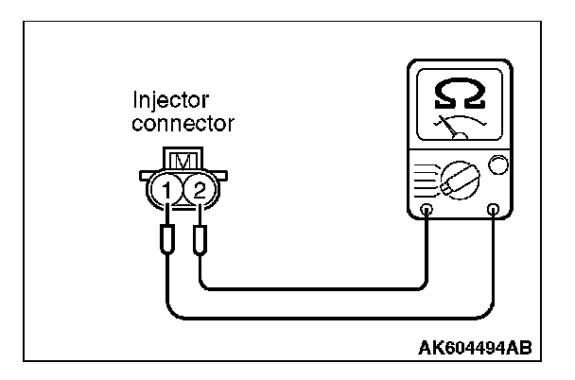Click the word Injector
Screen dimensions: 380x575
point(170,100)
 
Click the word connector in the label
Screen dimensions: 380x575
point(183,123)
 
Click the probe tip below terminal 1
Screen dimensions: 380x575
point(167,243)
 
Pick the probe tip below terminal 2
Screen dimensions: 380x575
point(200,243)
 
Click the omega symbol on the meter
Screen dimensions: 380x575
point(460,92)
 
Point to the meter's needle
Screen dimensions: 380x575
point(451,129)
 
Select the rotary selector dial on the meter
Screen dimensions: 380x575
point(458,180)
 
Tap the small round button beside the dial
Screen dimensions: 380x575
point(498,166)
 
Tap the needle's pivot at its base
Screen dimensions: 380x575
point(461,138)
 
